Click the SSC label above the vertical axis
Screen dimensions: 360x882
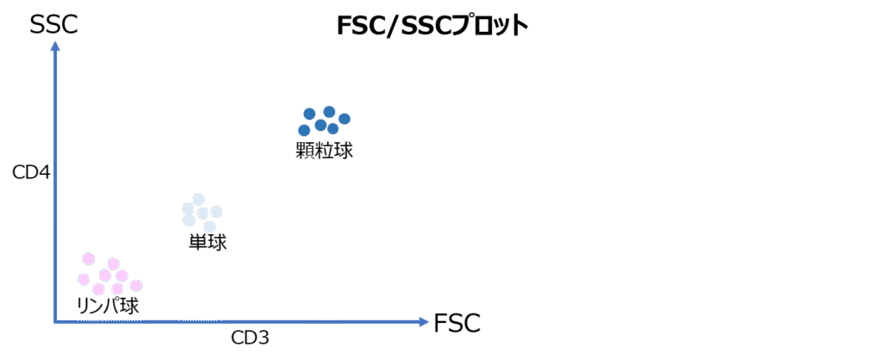pyautogui.click(x=53, y=25)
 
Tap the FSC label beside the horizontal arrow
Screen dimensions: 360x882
pyautogui.click(x=457, y=323)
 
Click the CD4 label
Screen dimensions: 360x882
pyautogui.click(x=32, y=172)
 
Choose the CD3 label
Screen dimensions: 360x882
pyautogui.click(x=250, y=338)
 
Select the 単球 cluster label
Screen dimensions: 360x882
pyautogui.click(x=208, y=243)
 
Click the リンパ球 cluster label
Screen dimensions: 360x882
pyautogui.click(x=108, y=306)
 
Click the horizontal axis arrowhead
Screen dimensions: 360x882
pyautogui.click(x=423, y=322)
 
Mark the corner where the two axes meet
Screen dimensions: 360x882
pyautogui.click(x=55, y=322)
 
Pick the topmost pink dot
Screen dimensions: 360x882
pyautogui.click(x=88, y=258)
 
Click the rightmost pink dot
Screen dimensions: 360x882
pyautogui.click(x=136, y=285)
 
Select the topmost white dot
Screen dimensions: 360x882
pyautogui.click(x=199, y=199)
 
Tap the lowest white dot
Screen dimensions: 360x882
pyautogui.click(x=209, y=227)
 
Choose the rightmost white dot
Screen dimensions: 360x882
pyautogui.click(x=216, y=212)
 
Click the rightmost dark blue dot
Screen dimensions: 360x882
pyautogui.click(x=345, y=118)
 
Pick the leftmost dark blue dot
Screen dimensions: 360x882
pyautogui.click(x=304, y=130)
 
